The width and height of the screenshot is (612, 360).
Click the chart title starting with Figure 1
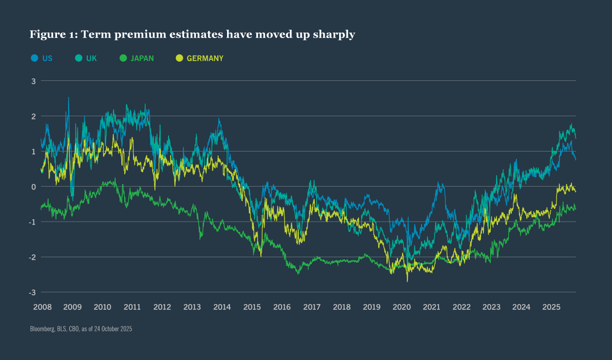pyautogui.click(x=192, y=34)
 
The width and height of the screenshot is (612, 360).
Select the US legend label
pyautogui.click(x=47, y=58)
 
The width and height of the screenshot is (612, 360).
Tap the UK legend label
pyautogui.click(x=91, y=58)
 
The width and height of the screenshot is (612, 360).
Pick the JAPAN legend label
pyautogui.click(x=142, y=58)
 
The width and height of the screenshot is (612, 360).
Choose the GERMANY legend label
pyautogui.click(x=205, y=58)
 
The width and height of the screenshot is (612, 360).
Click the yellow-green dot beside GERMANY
pyautogui.click(x=179, y=58)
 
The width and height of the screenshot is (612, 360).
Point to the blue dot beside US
pyautogui.click(x=35, y=58)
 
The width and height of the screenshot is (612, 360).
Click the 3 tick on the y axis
pyautogui.click(x=34, y=81)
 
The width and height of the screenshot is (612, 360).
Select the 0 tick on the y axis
pyautogui.click(x=34, y=187)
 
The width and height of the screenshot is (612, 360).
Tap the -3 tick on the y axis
pyautogui.click(x=33, y=292)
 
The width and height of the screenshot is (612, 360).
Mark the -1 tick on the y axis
pyautogui.click(x=33, y=222)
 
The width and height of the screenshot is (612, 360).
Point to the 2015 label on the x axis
pyautogui.click(x=252, y=307)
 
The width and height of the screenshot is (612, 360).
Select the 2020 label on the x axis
pyautogui.click(x=402, y=307)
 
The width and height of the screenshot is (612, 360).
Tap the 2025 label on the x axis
pyautogui.click(x=552, y=307)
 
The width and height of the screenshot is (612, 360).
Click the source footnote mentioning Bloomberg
pyautogui.click(x=81, y=329)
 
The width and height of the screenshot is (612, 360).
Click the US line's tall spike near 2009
pyautogui.click(x=68, y=98)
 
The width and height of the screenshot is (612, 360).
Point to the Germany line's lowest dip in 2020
pyautogui.click(x=407, y=281)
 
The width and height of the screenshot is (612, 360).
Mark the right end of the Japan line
pyautogui.click(x=575, y=209)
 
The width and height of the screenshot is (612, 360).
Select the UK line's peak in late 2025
pyautogui.click(x=571, y=125)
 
